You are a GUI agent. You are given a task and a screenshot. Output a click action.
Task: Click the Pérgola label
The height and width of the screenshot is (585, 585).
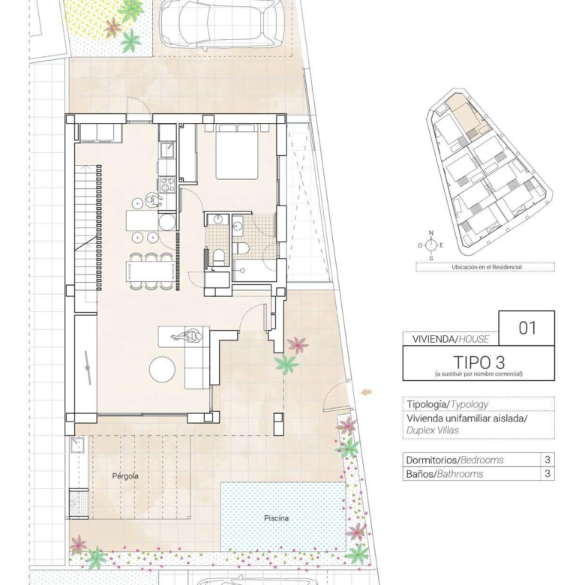[x=125, y=476]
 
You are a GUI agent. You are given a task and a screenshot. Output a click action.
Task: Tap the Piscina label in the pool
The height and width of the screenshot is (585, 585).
[x=276, y=518]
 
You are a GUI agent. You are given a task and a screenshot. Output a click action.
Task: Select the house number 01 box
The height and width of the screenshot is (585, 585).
[x=526, y=328]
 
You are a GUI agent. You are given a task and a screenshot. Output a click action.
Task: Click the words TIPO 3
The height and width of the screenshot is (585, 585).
[x=479, y=362]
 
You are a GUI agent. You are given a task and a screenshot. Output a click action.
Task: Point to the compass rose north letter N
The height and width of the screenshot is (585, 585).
[x=431, y=233]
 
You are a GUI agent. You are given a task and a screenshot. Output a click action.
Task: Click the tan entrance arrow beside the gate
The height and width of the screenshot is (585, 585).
[x=366, y=391]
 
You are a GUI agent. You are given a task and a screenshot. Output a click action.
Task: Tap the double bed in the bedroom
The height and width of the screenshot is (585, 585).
[x=236, y=151]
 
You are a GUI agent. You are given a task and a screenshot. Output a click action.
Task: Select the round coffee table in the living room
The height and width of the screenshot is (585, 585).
[x=162, y=369]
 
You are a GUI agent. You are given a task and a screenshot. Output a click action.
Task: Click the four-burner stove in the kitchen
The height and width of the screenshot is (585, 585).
[x=167, y=184]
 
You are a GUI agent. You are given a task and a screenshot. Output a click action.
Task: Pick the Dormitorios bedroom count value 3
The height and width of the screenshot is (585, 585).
[x=547, y=459]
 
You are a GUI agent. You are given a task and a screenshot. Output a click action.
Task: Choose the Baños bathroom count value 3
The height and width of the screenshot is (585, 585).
[x=547, y=474]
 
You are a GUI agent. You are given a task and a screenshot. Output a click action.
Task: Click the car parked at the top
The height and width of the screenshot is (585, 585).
[x=222, y=25]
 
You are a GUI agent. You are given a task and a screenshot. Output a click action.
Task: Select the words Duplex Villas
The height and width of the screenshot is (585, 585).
[x=433, y=430]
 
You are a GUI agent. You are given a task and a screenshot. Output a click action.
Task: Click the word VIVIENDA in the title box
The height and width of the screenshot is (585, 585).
[x=433, y=339]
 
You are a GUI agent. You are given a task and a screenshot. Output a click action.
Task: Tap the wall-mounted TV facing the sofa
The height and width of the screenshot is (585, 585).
[x=88, y=367]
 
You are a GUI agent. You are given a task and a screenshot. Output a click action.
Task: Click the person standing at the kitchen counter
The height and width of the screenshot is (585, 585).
[x=153, y=199]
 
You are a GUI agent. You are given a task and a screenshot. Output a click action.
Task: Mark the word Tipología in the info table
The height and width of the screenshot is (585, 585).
[x=427, y=404]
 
